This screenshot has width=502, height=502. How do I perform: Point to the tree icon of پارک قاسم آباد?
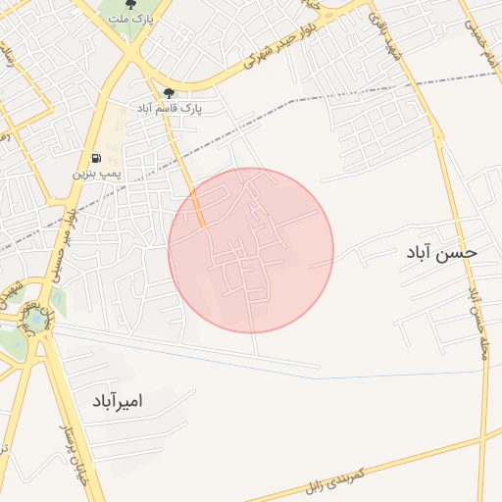click(169, 94)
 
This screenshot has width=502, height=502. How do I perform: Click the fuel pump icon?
click(95, 158)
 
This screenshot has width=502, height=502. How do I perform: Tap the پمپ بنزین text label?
click(96, 174)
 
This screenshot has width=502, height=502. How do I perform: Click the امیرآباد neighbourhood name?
click(118, 400)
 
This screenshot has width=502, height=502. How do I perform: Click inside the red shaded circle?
click(251, 251)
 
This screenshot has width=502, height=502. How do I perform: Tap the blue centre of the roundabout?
click(36, 319)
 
